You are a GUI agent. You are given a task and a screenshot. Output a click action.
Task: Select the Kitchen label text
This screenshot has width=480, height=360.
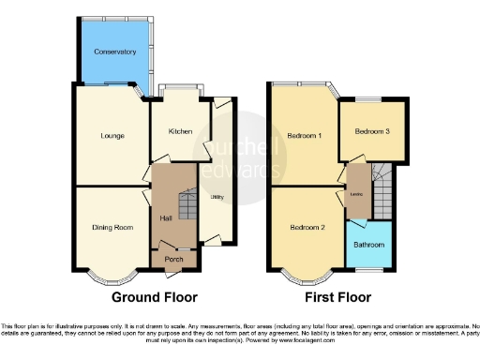[x=180, y=131]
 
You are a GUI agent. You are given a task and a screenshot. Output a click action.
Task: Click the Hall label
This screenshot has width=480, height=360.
[x=165, y=218]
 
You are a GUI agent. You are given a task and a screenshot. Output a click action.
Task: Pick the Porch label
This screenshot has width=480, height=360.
[x=173, y=260]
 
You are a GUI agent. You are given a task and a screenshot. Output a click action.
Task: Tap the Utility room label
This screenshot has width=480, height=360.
[x=216, y=197]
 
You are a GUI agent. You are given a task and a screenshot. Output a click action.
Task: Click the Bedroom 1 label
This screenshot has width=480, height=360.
[x=306, y=136]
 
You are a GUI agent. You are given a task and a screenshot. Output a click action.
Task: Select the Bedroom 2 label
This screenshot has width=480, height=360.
[x=307, y=228]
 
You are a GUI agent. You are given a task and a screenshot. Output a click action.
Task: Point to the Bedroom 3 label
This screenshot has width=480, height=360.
[x=372, y=132]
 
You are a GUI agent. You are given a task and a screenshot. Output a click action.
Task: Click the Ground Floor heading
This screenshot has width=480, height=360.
[x=155, y=298]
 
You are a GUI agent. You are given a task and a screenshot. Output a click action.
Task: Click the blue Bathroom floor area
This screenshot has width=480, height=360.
[x=369, y=258]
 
